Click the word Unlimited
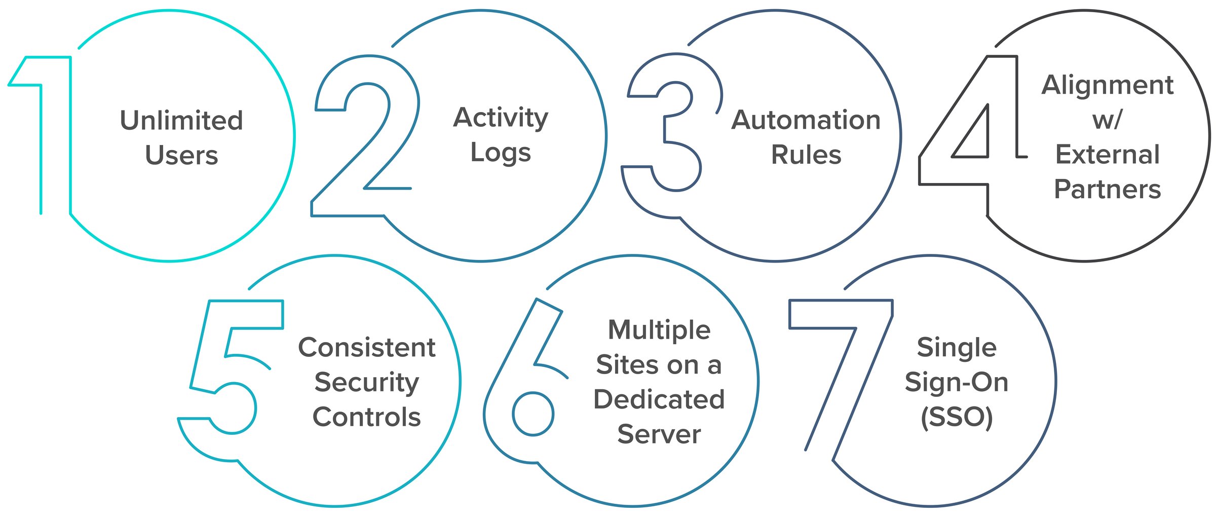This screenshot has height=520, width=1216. point(181,121)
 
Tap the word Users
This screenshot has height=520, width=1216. point(181,155)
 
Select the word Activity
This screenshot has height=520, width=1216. point(501,118)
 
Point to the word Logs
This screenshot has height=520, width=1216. point(501,153)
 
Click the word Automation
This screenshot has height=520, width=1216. point(806,121)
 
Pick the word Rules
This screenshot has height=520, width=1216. point(806,155)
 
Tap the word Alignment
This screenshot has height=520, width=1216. point(1108,85)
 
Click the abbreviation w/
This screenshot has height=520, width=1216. point(1107,120)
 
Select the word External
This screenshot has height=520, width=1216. point(1108,155)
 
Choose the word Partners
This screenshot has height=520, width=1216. point(1108,190)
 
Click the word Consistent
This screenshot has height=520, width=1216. point(367,348)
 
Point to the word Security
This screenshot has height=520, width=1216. point(367,383)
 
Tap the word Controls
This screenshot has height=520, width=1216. point(367,417)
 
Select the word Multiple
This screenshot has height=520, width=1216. point(659,330)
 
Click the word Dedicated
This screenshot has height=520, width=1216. point(659,399)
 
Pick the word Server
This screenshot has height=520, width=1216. point(659,434)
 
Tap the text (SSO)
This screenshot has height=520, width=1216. point(957,417)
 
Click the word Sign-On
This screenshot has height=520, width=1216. point(957,382)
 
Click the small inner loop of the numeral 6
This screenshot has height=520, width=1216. point(533,414)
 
